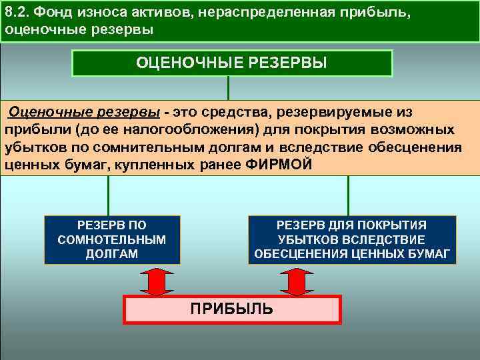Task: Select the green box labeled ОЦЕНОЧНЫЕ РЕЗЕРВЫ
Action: point(231,63)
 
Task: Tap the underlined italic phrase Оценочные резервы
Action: point(85,111)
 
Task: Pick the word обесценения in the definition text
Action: point(385,147)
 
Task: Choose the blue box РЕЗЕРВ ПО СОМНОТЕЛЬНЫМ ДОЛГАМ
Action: point(112,239)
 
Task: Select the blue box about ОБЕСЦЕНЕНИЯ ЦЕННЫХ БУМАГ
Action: point(352,239)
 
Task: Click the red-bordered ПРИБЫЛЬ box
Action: point(233,309)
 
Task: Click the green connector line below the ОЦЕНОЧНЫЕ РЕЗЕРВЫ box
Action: point(229,87)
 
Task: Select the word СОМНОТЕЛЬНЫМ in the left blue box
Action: point(112,239)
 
